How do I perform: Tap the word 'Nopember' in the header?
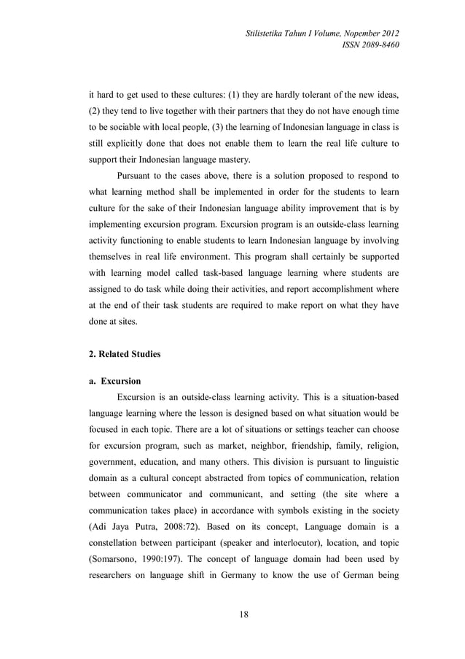pyautogui.click(x=353, y=32)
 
